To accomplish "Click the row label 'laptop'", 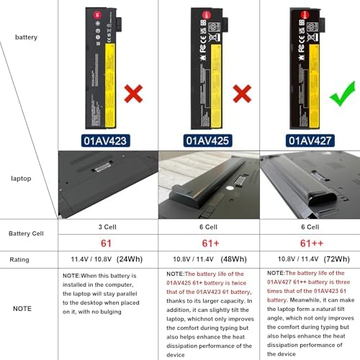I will [26, 176].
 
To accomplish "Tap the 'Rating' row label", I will [19, 259].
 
